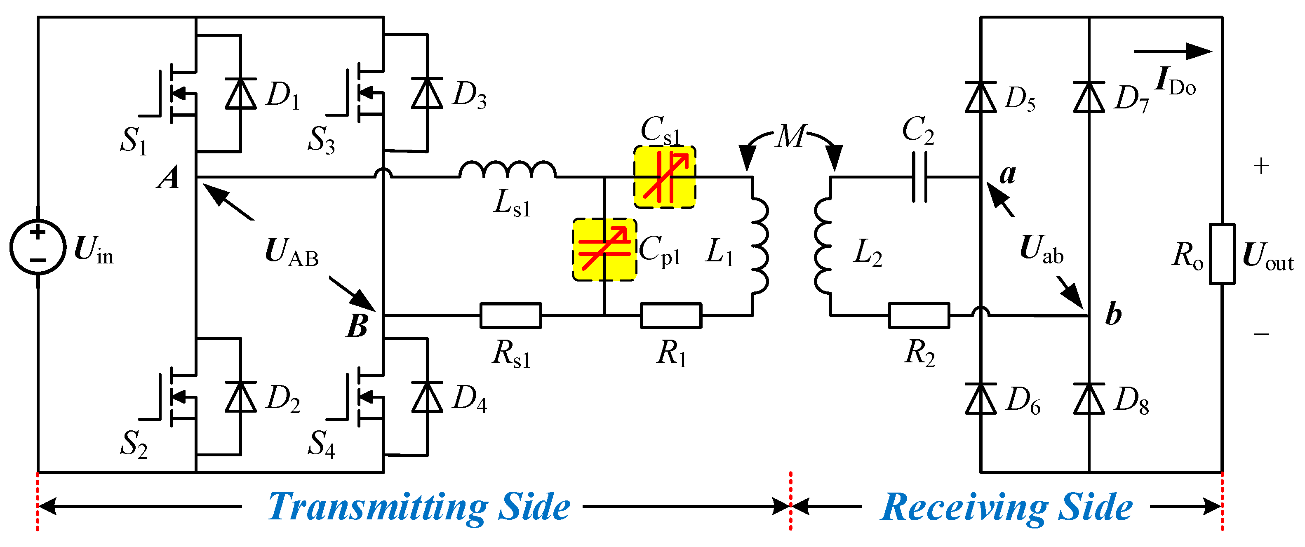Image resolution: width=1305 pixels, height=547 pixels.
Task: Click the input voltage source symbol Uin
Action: [38, 247]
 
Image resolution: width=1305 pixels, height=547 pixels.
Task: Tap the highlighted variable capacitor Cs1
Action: [665, 177]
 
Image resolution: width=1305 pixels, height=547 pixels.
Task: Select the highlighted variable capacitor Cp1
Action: [604, 249]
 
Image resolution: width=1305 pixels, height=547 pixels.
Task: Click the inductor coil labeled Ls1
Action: [508, 170]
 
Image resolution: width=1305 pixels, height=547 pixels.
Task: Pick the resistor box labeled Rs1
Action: [510, 315]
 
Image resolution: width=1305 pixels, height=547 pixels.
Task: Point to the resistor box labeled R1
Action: [671, 315]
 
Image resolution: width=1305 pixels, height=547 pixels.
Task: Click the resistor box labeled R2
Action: [919, 315]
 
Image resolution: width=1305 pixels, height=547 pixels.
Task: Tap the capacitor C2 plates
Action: [919, 177]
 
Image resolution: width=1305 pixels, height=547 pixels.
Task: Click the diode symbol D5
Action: [981, 97]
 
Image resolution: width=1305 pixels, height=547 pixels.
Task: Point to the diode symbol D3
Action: [427, 93]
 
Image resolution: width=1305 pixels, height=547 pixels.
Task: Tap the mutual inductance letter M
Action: [790, 136]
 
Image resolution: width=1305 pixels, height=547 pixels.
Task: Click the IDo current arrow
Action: [1172, 51]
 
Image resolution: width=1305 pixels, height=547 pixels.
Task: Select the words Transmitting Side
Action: [419, 507]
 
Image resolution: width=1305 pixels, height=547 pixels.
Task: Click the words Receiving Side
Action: [1006, 507]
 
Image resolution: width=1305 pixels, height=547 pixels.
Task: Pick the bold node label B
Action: [357, 326]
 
